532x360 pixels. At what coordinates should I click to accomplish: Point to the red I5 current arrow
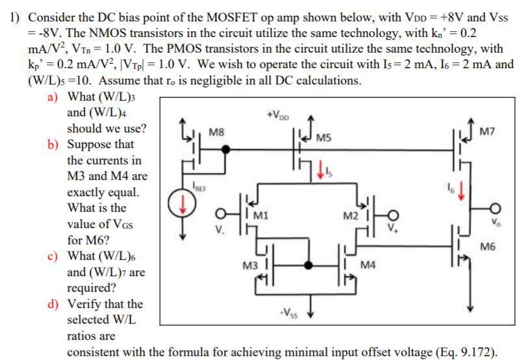coord(318,173)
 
